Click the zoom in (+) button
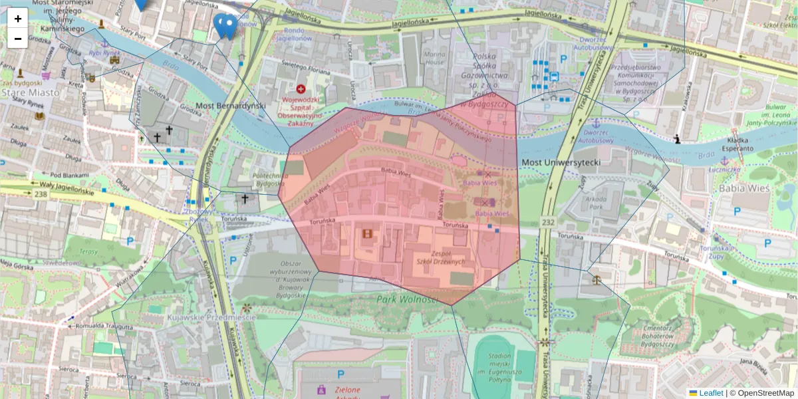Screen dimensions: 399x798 coord(17,18)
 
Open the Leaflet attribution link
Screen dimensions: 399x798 coord(710,393)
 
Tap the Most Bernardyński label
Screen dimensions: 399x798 coord(231,106)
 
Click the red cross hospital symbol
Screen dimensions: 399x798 coord(301,88)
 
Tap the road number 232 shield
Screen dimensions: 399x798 coord(547,221)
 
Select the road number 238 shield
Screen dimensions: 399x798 coord(41,193)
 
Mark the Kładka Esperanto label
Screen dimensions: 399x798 coord(734,144)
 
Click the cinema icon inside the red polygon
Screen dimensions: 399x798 coord(367,233)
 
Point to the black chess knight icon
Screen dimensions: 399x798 coord(677,140)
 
